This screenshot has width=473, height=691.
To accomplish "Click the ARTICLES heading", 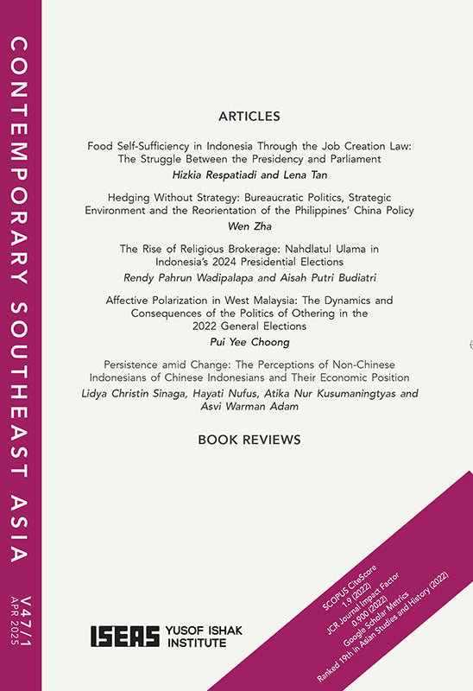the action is [x=249, y=116].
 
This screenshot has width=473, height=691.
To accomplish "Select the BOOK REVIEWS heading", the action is [x=249, y=440].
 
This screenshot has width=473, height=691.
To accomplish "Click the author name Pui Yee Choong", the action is [x=249, y=342].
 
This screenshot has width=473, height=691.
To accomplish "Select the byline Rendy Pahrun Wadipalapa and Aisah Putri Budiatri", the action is [x=249, y=278].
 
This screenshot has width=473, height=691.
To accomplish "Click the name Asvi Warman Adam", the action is [x=249, y=409].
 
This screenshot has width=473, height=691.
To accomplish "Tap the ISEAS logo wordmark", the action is [x=125, y=637].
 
